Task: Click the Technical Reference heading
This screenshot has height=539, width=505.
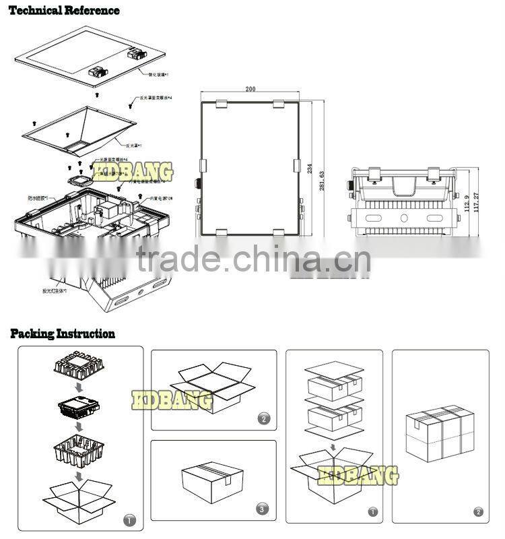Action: tap(65, 10)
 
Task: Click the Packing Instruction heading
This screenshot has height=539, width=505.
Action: tap(63, 334)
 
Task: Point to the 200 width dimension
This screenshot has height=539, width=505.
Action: tap(250, 89)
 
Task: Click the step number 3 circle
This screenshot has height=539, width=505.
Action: tap(263, 509)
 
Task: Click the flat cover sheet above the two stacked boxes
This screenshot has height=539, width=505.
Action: tap(334, 370)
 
